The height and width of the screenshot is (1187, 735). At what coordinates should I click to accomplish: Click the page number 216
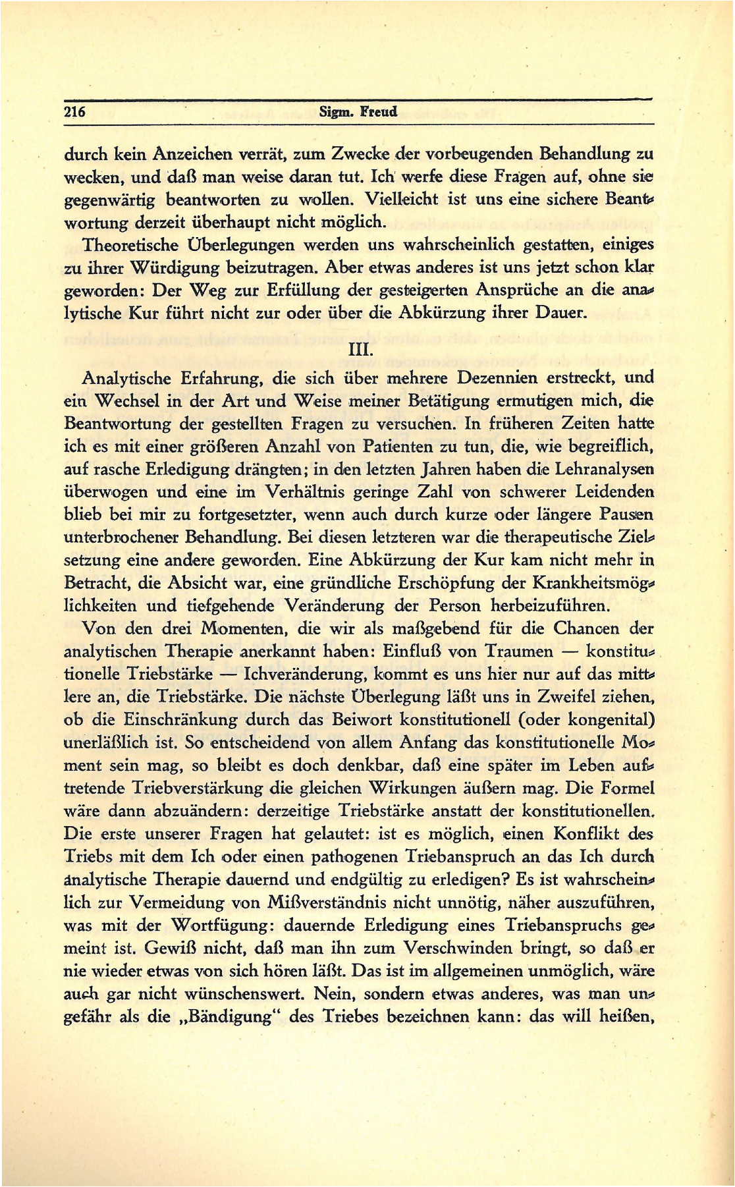click(x=75, y=111)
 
